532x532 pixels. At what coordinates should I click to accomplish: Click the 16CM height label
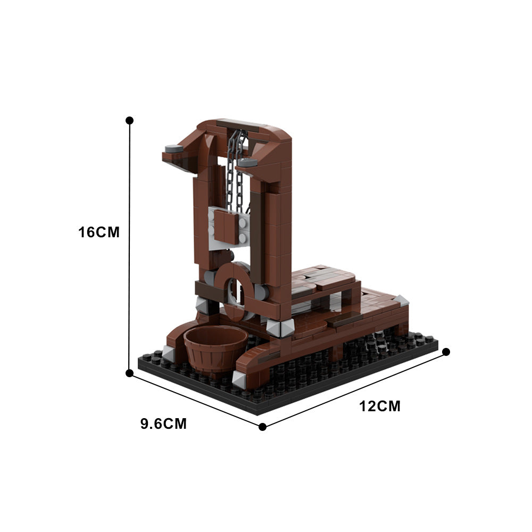[x=99, y=232]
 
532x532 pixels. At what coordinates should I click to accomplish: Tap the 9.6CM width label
[x=164, y=424]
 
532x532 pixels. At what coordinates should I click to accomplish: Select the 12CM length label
[x=380, y=406]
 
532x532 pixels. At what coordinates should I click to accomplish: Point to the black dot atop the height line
[x=129, y=121]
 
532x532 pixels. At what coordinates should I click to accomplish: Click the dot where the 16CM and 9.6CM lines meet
[x=129, y=373]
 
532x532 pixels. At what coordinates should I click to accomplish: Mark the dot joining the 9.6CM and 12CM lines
[x=262, y=426]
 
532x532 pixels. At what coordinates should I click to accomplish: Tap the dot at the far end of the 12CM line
[x=446, y=352]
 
